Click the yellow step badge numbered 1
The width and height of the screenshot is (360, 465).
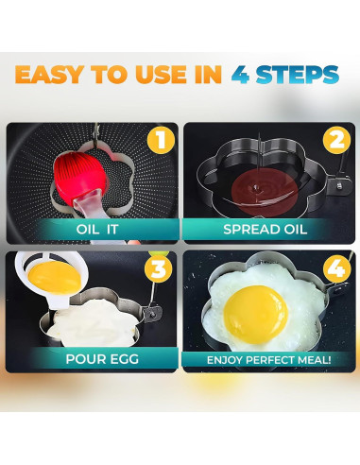click(163, 141)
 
